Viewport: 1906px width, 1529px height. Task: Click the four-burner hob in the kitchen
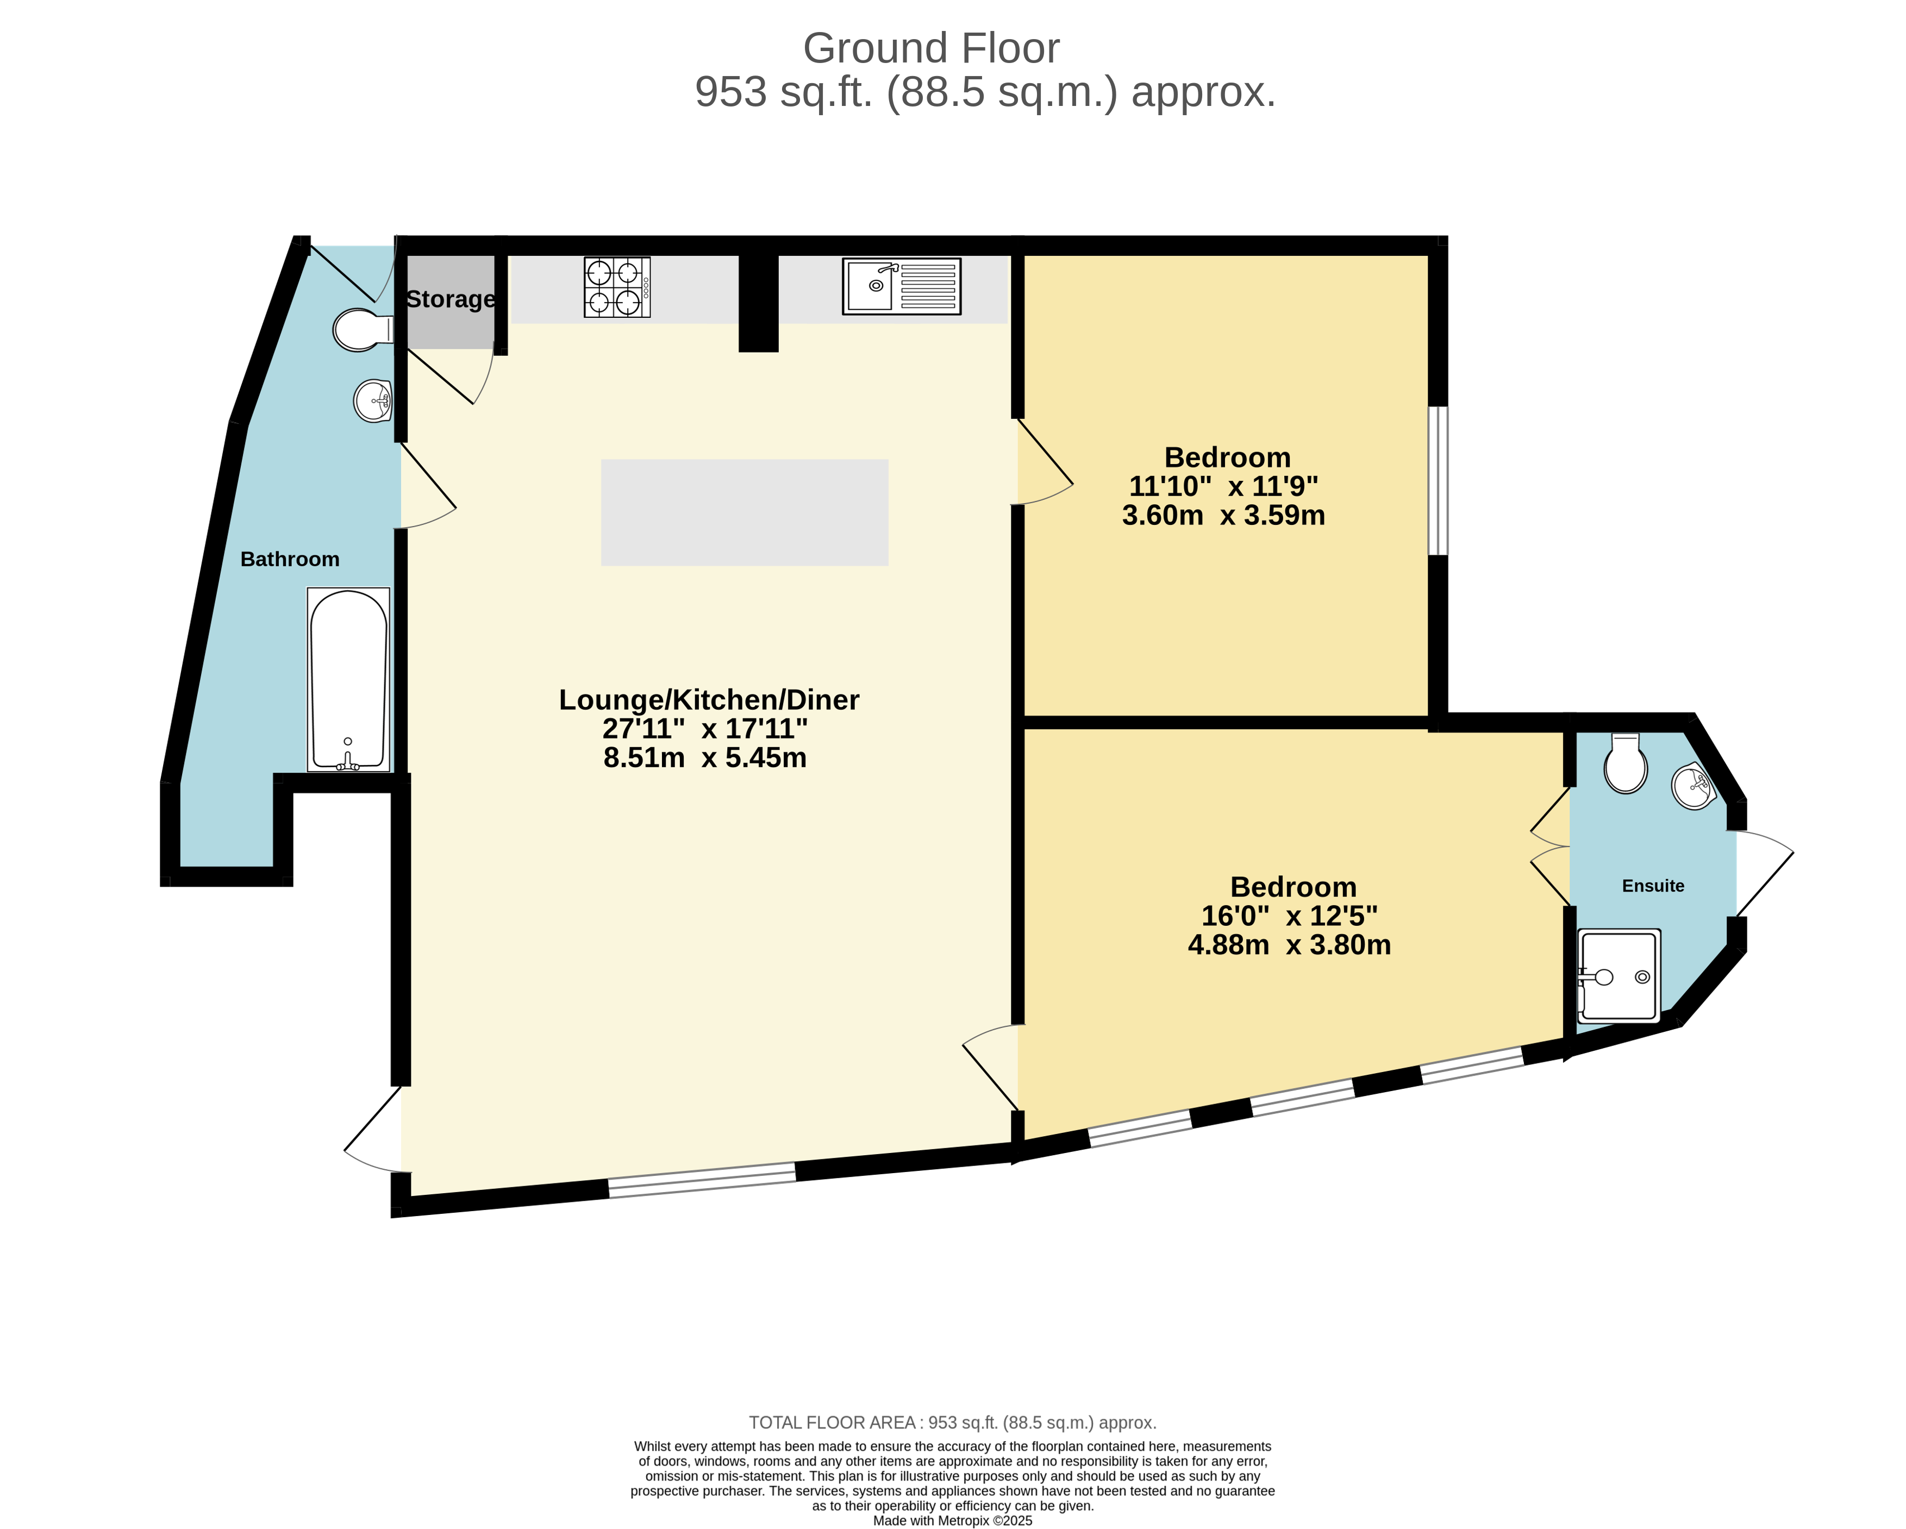tap(616, 287)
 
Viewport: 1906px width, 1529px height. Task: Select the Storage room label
tap(450, 299)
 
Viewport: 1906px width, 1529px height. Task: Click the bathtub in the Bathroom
tap(348, 679)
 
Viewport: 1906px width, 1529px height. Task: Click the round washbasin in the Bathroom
tap(373, 401)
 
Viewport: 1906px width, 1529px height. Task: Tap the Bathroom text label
tap(290, 560)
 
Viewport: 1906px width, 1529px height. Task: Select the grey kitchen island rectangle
tap(745, 512)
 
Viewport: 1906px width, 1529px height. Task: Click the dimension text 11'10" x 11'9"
tap(1223, 486)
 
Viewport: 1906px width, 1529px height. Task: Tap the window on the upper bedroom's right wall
tap(1439, 481)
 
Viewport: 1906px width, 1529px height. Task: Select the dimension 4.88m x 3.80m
tap(1289, 945)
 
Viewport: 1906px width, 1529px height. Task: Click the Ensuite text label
tap(1652, 886)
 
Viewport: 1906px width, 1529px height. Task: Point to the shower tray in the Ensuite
tap(1618, 976)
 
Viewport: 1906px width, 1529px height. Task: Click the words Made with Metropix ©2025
tap(952, 1521)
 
